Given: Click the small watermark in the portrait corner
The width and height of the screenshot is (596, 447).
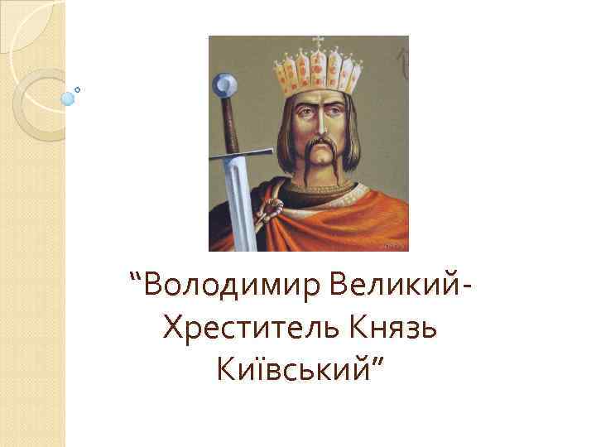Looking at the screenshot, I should pyautogui.click(x=396, y=246).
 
